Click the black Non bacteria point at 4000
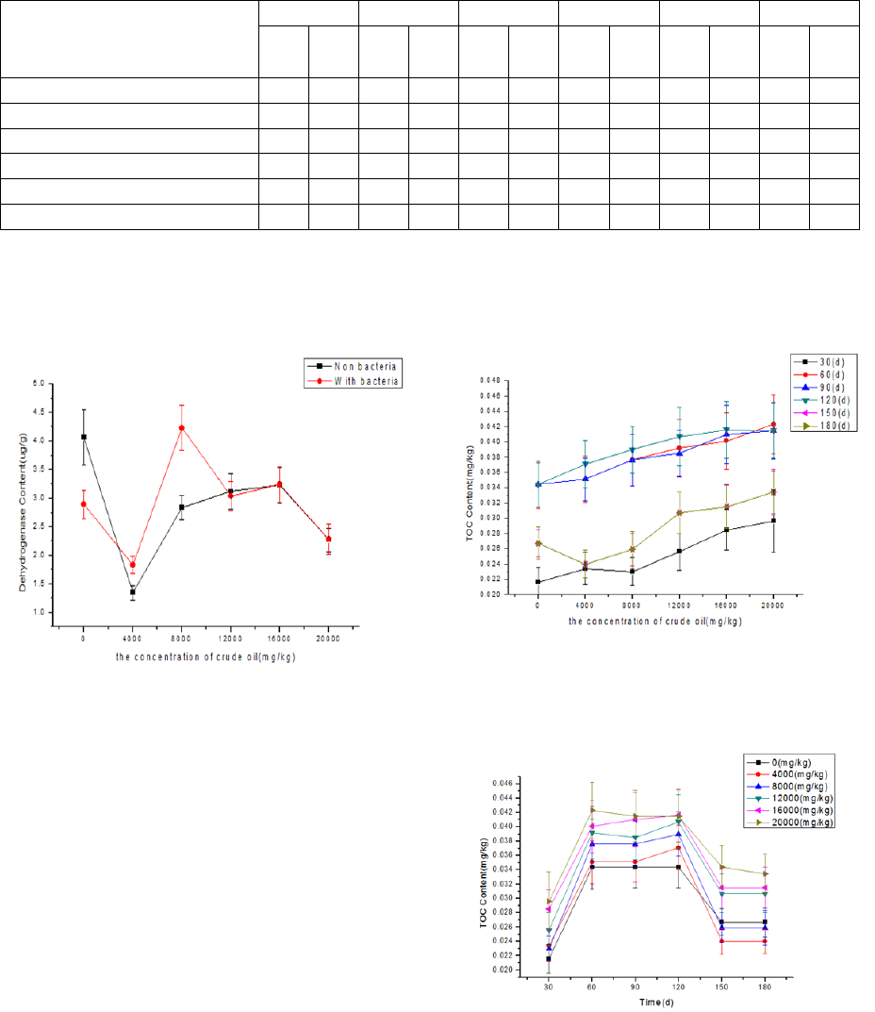point(133,591)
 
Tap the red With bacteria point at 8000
point(182,428)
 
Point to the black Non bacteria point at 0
point(84,437)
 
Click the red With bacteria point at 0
point(84,504)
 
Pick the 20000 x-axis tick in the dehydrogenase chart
point(328,639)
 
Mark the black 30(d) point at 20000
point(774,521)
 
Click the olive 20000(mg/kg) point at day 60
point(593,809)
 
